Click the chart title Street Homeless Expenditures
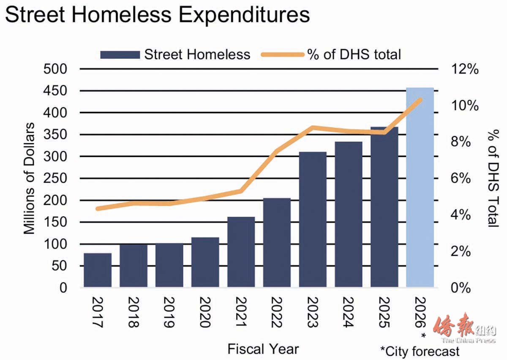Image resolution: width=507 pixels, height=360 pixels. pyautogui.click(x=157, y=15)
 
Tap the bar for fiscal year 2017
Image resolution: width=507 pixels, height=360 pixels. pyautogui.click(x=98, y=270)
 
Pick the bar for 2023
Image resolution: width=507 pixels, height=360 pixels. pyautogui.click(x=313, y=220)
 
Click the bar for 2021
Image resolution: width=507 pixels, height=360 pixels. pyautogui.click(x=241, y=252)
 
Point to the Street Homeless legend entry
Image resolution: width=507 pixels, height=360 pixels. pyautogui.click(x=175, y=55)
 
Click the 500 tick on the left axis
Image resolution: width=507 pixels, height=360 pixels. pyautogui.click(x=56, y=69)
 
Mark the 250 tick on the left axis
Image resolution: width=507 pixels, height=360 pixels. pyautogui.click(x=56, y=178)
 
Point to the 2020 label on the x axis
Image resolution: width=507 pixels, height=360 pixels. pyautogui.click(x=205, y=312)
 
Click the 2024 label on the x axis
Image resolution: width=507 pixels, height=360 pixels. pyautogui.click(x=349, y=312)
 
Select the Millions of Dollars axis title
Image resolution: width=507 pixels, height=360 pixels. pyautogui.click(x=29, y=178)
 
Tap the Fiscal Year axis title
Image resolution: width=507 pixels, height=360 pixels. pyautogui.click(x=263, y=349)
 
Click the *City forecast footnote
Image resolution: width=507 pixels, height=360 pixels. pyautogui.click(x=419, y=351)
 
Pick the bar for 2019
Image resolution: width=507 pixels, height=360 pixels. pyautogui.click(x=169, y=265)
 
